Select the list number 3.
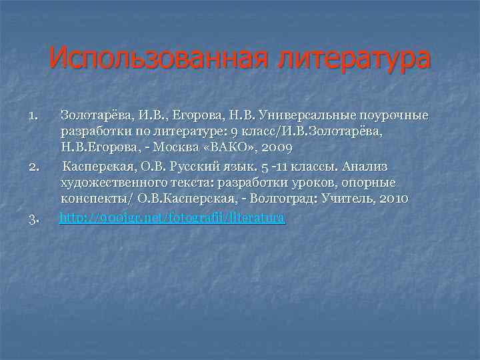pos(34,218)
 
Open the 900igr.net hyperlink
pos(173,217)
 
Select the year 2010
pos(391,199)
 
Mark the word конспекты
pos(93,199)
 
